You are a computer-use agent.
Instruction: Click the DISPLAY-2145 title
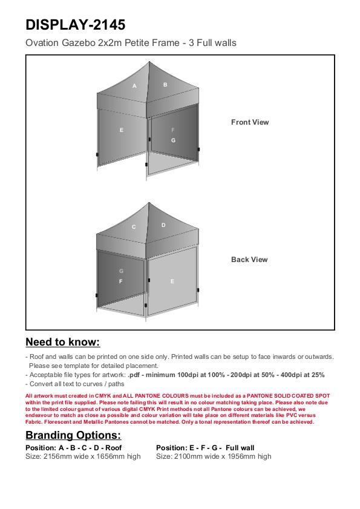[75, 25]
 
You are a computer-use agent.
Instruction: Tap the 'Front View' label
[250, 122]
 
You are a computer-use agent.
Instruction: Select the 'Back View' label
[249, 260]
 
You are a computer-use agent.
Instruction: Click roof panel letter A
[134, 86]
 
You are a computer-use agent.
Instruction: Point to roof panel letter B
[165, 85]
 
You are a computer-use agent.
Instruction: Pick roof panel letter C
[134, 227]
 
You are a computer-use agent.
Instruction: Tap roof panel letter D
[163, 225]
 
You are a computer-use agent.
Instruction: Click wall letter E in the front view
[122, 130]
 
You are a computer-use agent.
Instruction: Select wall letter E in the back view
[172, 281]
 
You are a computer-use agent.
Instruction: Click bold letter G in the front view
[173, 140]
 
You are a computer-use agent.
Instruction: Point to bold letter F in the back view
[121, 281]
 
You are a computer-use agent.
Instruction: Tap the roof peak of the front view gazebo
[149, 62]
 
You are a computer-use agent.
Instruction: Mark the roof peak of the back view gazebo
[149, 203]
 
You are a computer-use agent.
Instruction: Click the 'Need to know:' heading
[63, 342]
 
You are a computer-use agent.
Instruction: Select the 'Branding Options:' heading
[73, 435]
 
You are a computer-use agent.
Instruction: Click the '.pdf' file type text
[134, 375]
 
